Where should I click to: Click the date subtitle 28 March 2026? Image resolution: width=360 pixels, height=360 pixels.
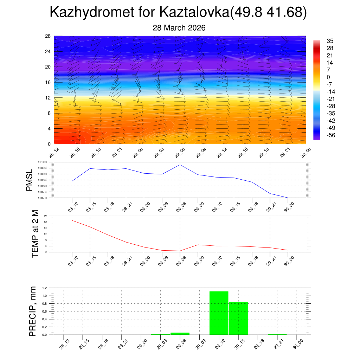[179, 28]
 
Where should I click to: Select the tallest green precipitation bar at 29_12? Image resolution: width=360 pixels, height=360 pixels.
[219, 313]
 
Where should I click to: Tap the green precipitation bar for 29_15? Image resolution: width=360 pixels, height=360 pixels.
[238, 318]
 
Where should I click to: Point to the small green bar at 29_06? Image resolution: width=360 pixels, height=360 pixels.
[180, 334]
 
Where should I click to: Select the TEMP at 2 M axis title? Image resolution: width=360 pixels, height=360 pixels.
[35, 234]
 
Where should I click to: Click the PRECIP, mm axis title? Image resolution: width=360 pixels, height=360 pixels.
[33, 311]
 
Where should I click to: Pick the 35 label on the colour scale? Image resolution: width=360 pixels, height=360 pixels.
[330, 41]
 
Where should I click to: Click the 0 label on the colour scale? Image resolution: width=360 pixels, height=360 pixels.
[328, 77]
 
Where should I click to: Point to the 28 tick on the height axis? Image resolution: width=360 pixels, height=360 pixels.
[48, 36]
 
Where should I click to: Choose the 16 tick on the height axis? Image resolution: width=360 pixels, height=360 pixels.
[48, 82]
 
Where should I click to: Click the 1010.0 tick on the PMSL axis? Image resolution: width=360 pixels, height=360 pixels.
[47, 162]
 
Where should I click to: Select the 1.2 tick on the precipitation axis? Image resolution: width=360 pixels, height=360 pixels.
[45, 288]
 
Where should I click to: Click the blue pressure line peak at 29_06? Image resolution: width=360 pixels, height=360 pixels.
[180, 165]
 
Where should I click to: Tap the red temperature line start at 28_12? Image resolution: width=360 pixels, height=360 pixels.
[72, 220]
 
